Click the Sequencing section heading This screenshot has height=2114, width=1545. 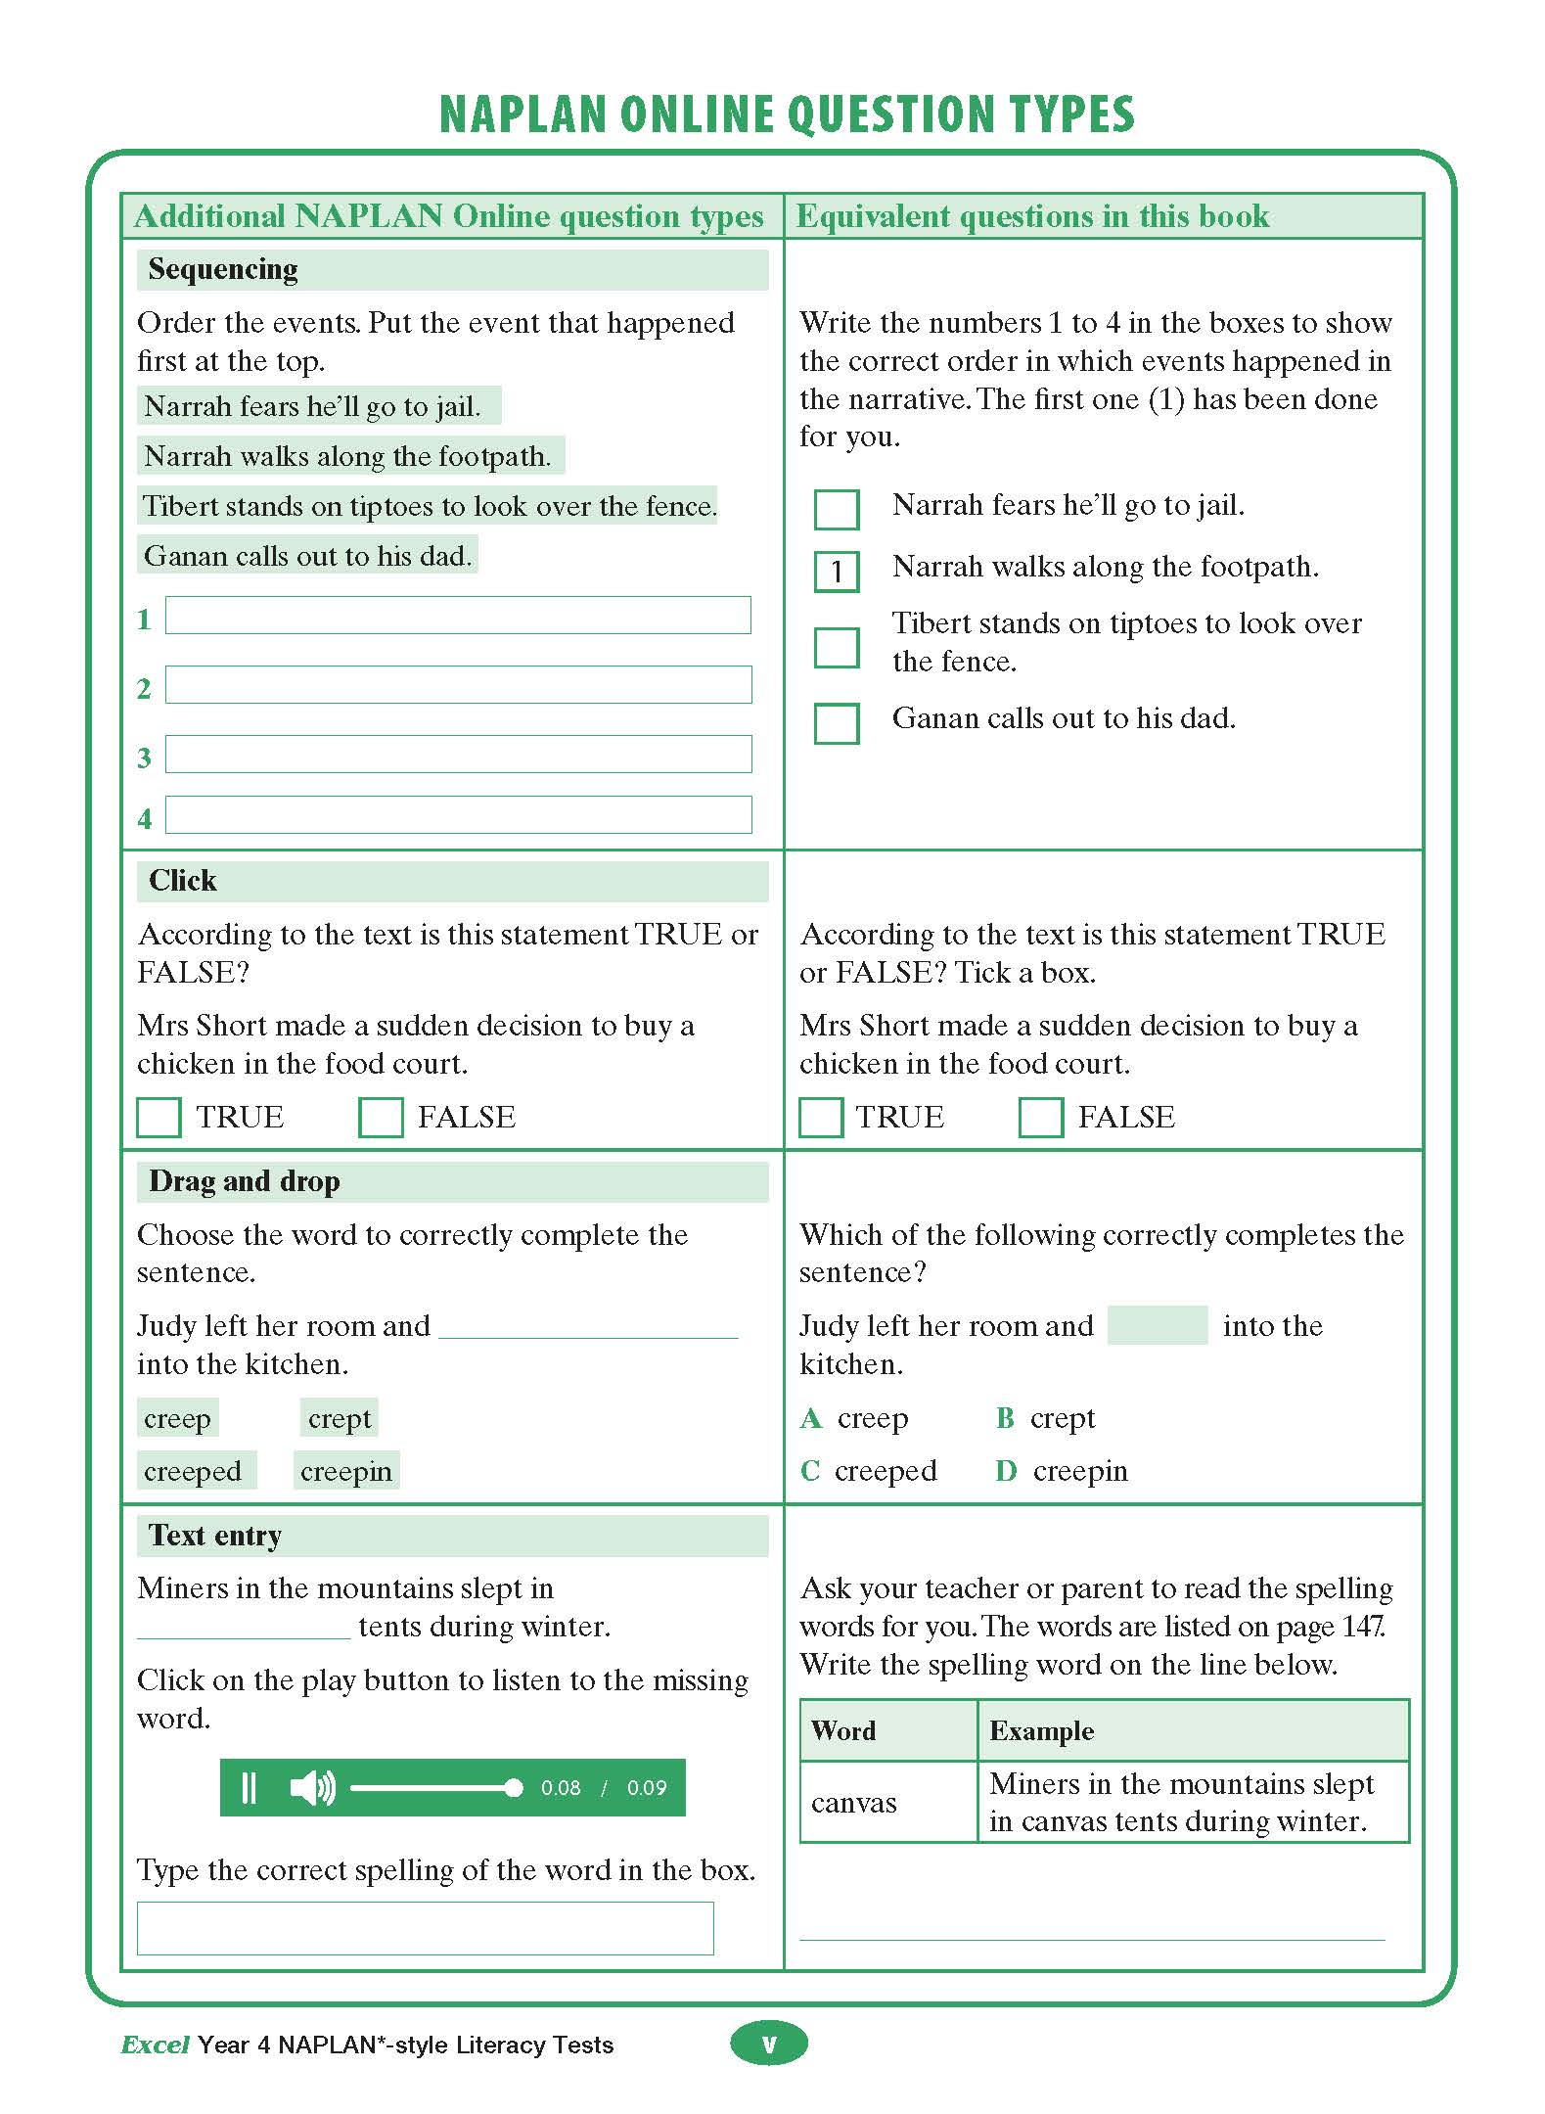(223, 269)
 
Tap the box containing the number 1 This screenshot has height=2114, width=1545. (837, 571)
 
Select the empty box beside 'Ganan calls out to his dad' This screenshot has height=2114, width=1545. (837, 723)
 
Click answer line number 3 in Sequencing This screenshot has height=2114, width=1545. (458, 755)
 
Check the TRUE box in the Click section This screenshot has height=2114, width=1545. (159, 1117)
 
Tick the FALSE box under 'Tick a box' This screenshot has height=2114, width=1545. (1040, 1117)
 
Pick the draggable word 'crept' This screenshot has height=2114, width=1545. (339, 1418)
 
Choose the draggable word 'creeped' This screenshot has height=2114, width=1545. (194, 1471)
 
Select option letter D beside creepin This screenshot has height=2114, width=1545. (1006, 1471)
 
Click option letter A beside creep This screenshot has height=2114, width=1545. (811, 1418)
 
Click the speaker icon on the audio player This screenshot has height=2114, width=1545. (312, 1787)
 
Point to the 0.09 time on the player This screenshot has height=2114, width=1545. (647, 1788)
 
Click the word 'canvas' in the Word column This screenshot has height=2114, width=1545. (853, 1803)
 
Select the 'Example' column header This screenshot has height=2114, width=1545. (1041, 1730)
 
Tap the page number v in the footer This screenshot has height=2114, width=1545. (769, 2044)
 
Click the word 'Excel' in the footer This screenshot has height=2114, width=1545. (155, 2045)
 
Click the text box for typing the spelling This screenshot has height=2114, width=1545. (425, 1928)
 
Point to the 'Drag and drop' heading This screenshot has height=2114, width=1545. (245, 1181)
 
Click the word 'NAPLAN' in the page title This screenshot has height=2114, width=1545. (523, 115)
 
